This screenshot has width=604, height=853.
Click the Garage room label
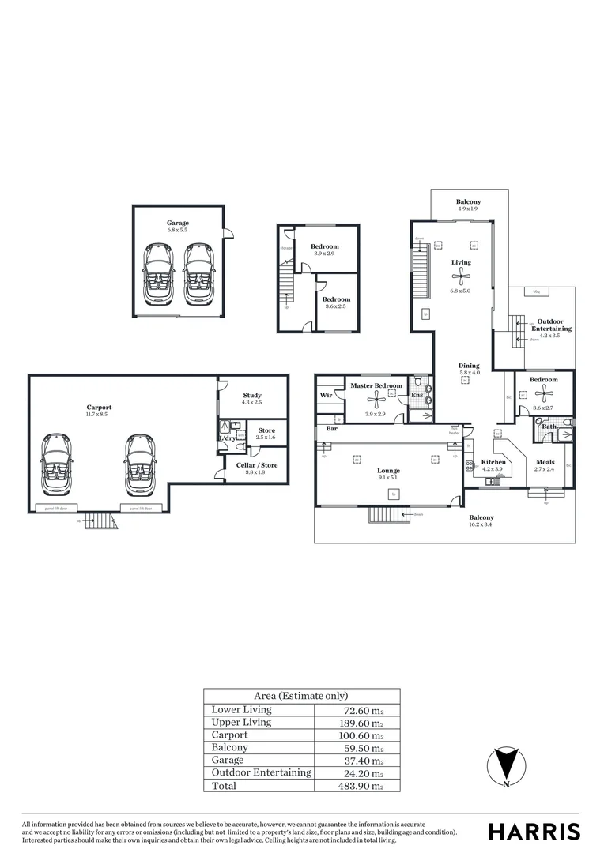click(x=177, y=223)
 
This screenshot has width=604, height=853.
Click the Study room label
click(x=252, y=396)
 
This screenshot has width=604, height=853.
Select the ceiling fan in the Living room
click(x=461, y=276)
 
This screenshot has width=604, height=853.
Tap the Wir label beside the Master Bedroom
click(x=326, y=395)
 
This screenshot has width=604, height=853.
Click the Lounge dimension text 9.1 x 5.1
click(x=388, y=478)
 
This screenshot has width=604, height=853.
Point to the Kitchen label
click(x=493, y=462)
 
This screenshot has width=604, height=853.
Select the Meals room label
click(x=545, y=462)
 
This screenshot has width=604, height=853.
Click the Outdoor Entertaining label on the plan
click(x=551, y=325)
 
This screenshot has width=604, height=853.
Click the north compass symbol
click(x=506, y=765)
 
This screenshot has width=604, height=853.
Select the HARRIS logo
click(x=534, y=831)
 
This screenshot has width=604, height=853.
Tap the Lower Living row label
click(x=241, y=710)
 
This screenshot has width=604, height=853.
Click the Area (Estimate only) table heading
click(x=300, y=696)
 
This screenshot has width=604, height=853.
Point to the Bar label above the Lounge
click(x=332, y=430)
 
